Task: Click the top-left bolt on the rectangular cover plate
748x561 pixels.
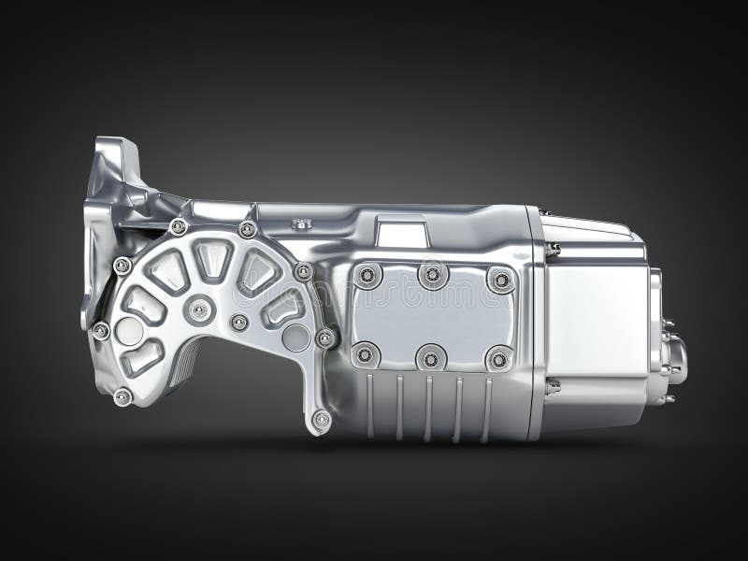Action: click(x=366, y=275)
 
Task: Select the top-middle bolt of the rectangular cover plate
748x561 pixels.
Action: click(x=432, y=275)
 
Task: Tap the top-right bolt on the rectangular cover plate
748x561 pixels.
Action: click(x=501, y=280)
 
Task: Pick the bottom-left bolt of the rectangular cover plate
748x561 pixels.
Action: click(x=366, y=354)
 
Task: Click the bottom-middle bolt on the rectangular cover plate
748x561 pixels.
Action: click(x=431, y=356)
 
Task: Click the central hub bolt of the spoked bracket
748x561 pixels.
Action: click(x=198, y=309)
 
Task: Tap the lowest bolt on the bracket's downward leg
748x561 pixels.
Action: click(x=321, y=420)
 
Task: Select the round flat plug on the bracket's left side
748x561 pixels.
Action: click(x=129, y=331)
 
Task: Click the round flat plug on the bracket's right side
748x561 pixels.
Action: click(x=296, y=338)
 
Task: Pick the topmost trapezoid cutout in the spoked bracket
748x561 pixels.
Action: click(x=213, y=258)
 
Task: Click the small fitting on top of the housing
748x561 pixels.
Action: click(x=301, y=224)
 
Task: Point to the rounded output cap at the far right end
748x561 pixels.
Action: click(x=675, y=360)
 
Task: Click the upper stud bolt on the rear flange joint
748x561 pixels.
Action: click(x=554, y=250)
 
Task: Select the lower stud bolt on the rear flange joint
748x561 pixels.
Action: click(x=553, y=385)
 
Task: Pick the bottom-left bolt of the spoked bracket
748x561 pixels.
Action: click(x=122, y=396)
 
